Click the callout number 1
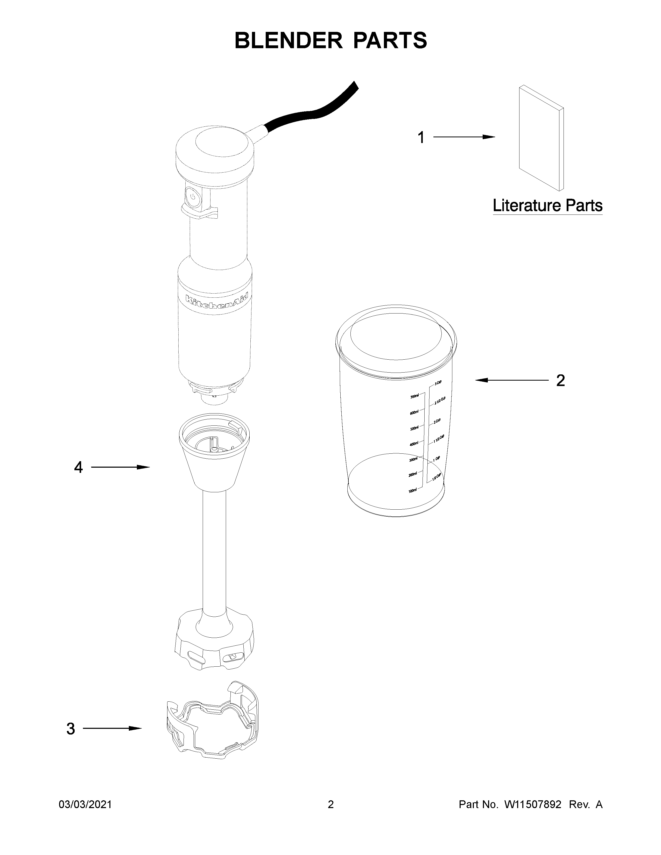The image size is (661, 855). [x=421, y=138]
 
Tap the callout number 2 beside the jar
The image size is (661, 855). [x=560, y=381]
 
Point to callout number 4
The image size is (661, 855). [x=78, y=467]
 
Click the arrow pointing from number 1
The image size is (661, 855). [x=464, y=137]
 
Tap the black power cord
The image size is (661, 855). [x=313, y=113]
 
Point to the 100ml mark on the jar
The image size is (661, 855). [x=413, y=490]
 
